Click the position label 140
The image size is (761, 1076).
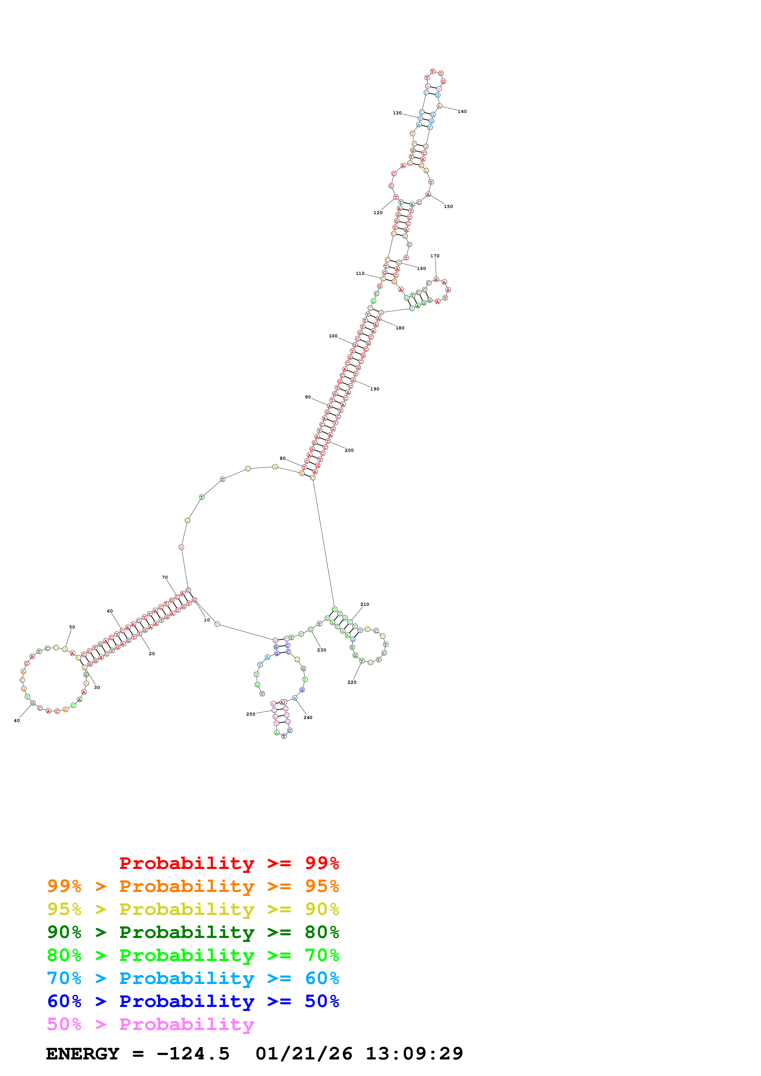(x=462, y=112)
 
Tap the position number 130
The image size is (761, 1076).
(x=397, y=113)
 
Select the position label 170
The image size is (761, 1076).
(x=435, y=256)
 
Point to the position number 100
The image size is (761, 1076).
(x=333, y=336)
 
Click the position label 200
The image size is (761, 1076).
(x=349, y=450)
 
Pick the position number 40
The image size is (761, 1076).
(x=17, y=721)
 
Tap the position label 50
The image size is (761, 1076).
(x=72, y=627)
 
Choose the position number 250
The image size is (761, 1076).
(x=251, y=714)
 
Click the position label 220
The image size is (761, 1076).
(x=352, y=682)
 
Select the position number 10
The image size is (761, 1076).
(x=207, y=620)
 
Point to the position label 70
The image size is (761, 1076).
(x=165, y=577)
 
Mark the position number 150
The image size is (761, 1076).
(x=448, y=207)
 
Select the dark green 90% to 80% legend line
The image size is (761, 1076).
(x=193, y=932)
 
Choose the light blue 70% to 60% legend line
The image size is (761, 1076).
(x=193, y=978)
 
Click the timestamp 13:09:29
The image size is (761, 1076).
(x=414, y=1054)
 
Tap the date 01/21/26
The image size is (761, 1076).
(x=304, y=1054)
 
